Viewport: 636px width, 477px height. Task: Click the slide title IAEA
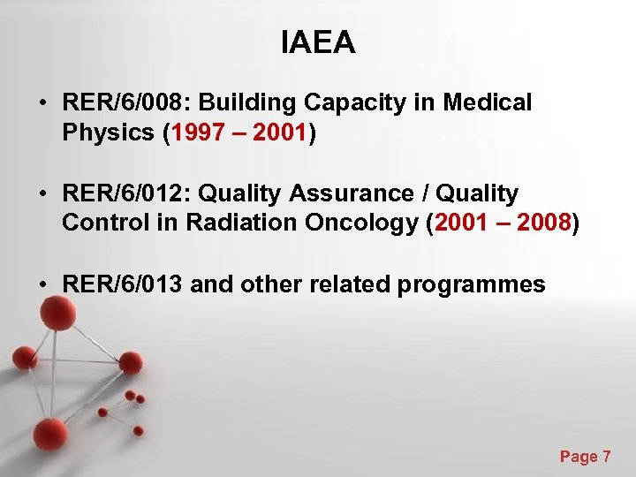tap(318, 42)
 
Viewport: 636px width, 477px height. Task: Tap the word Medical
tap(488, 103)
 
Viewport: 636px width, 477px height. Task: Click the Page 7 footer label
tap(585, 457)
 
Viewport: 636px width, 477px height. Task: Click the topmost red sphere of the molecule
tap(58, 312)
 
